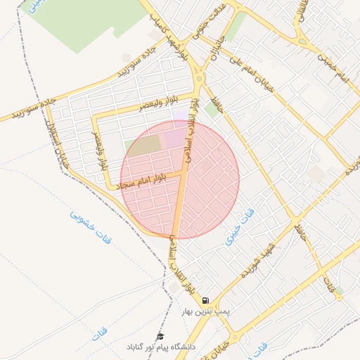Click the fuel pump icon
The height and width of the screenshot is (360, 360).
click(205, 300)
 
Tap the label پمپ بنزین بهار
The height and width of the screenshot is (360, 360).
click(205, 310)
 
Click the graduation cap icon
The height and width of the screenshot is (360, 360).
click(160, 337)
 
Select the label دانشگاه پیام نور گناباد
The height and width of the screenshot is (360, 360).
click(161, 347)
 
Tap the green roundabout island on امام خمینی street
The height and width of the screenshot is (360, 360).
click(302, 41)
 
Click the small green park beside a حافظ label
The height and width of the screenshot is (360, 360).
click(211, 110)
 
